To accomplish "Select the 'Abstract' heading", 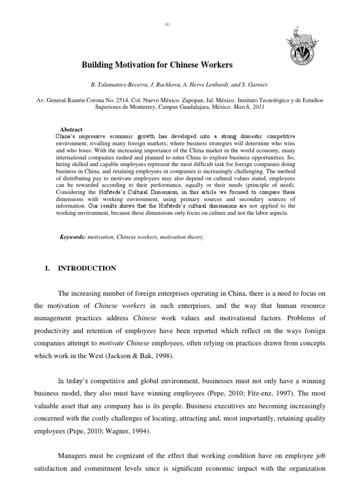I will (71, 129).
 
